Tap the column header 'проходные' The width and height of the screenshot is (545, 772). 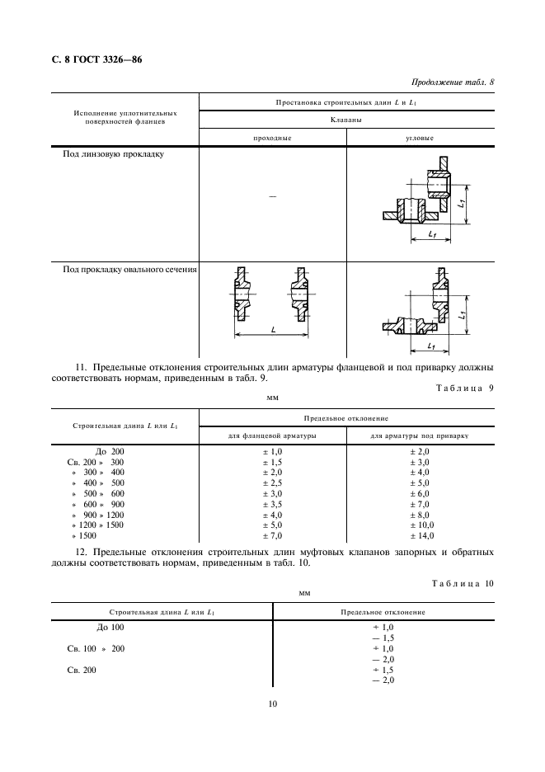pos(272,138)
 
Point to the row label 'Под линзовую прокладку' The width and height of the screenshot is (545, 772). pos(114,153)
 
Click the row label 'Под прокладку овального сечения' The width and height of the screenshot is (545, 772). pos(129,268)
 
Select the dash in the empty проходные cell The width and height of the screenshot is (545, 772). pos(272,195)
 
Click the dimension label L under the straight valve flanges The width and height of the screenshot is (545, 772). pos(272,328)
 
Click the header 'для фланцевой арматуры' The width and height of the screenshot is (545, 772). pos(272,435)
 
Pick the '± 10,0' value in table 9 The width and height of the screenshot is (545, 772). pos(420,525)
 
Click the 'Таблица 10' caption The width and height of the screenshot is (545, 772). pos(463,583)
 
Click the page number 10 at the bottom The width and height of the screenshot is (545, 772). pos(272,704)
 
